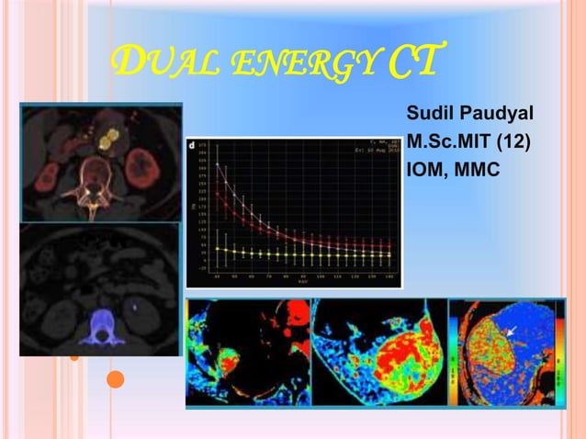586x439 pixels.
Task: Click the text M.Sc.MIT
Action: (445, 143)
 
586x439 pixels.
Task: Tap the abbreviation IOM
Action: (424, 172)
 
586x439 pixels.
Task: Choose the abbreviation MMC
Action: (474, 172)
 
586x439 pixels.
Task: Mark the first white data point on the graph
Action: (218, 164)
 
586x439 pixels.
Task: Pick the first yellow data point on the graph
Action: (218, 248)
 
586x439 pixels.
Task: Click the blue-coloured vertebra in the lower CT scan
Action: (96, 327)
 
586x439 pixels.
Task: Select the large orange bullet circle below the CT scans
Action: (114, 378)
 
